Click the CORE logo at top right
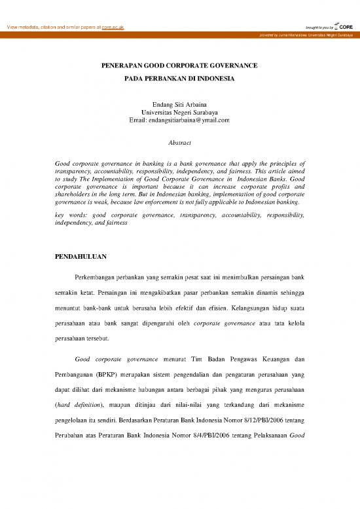pos(344,26)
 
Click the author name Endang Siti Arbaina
pos(179,104)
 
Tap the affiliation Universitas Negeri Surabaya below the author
pos(179,112)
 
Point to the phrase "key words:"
pos(70,214)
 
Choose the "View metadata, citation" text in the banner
pos(36,27)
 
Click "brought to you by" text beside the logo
pos(319,28)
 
